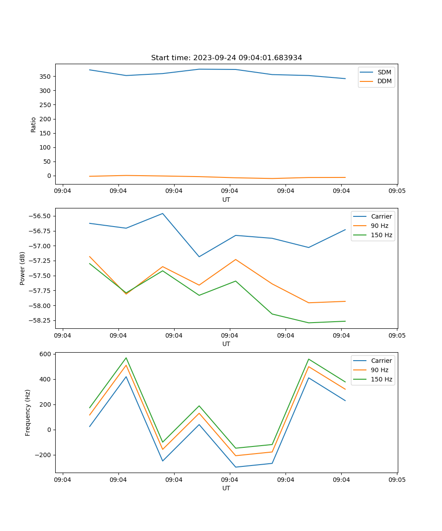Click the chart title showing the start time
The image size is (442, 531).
[x=226, y=58]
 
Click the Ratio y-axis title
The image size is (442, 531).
[x=34, y=124]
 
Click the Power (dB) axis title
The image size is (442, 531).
[x=23, y=268]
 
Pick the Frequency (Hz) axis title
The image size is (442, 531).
[x=28, y=412]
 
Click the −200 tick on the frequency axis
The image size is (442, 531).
[x=45, y=455]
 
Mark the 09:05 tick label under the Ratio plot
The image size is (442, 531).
[x=397, y=191]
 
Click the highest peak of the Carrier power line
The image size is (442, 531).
[x=163, y=213]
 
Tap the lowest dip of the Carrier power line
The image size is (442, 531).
[x=199, y=257]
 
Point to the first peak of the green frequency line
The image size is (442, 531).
[x=126, y=358]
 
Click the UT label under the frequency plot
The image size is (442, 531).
[x=226, y=488]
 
